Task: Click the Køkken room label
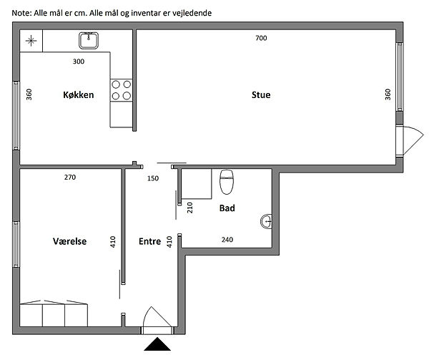[79, 94]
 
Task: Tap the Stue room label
[261, 94]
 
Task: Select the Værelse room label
[70, 241]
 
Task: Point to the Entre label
[150, 241]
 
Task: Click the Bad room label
[227, 208]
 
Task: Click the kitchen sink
[89, 41]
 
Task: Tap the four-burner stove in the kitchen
[122, 89]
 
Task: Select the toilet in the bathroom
[227, 182]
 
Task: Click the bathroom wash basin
[266, 221]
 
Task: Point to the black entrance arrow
[157, 344]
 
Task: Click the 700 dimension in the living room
[261, 38]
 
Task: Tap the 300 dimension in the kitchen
[79, 62]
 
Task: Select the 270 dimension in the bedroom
[70, 177]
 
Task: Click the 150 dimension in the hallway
[153, 178]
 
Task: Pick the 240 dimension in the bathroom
[227, 240]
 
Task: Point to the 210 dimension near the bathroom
[190, 208]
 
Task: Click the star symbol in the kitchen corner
[31, 41]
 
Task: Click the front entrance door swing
[157, 317]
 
